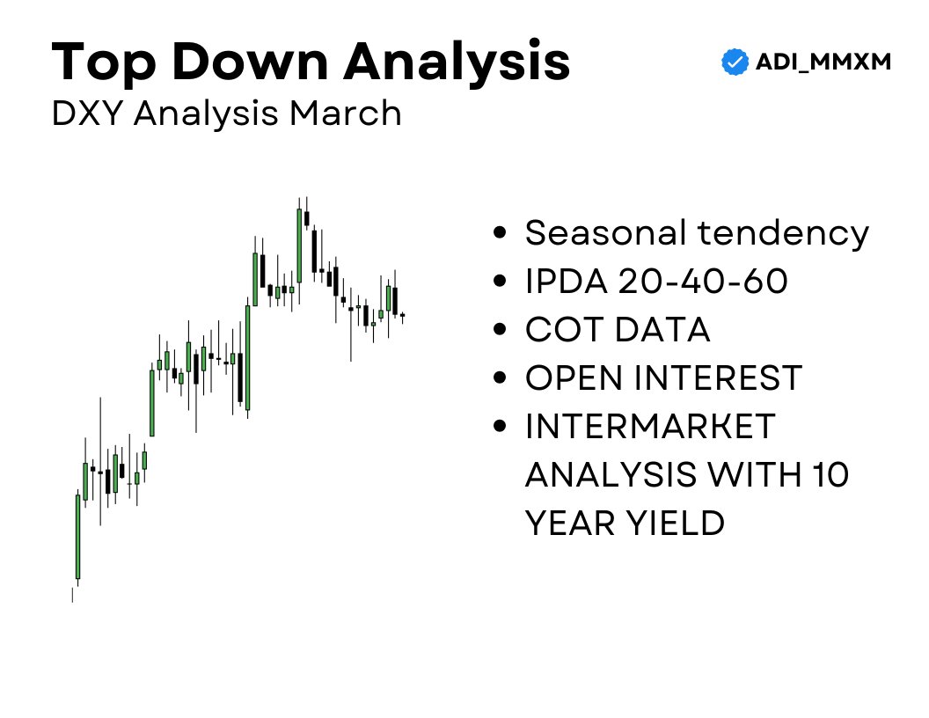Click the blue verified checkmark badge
[x=734, y=62]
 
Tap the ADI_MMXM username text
[x=823, y=62]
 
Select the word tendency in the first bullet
[x=783, y=233]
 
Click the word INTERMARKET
[x=650, y=427]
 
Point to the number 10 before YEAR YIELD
[x=827, y=475]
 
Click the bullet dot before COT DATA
[x=501, y=330]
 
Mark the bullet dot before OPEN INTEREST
[x=501, y=378]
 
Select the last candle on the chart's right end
[x=402, y=315]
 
